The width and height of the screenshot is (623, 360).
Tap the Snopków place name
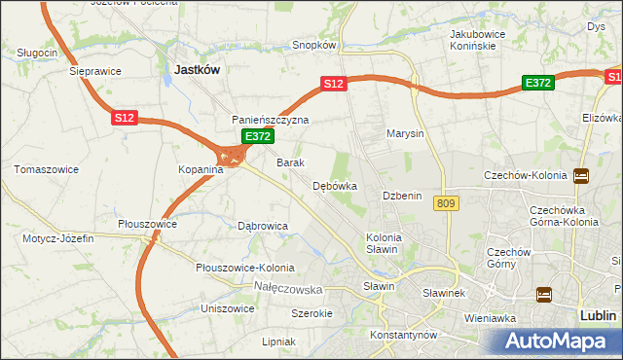[314, 45]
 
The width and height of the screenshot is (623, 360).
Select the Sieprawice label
[94, 71]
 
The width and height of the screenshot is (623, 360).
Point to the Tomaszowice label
[46, 169]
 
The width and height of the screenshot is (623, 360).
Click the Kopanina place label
[201, 169]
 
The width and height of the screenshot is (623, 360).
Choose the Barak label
[291, 162]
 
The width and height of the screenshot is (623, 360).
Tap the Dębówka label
[335, 185]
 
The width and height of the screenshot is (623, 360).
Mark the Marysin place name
[405, 133]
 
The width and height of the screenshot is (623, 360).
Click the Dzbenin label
[402, 196]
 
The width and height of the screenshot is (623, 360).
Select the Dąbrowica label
[263, 225]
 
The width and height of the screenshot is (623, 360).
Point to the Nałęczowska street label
[287, 289]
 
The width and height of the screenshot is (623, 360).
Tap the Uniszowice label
[228, 308]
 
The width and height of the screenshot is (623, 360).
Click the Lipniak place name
[278, 342]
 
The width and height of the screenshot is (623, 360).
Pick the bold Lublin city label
[597, 315]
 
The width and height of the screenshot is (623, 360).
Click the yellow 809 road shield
[447, 202]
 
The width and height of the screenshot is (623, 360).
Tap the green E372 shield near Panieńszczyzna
[257, 137]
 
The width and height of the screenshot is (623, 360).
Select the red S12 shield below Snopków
[334, 85]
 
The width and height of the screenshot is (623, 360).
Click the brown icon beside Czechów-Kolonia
[581, 176]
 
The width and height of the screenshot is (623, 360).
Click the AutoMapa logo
[554, 342]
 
